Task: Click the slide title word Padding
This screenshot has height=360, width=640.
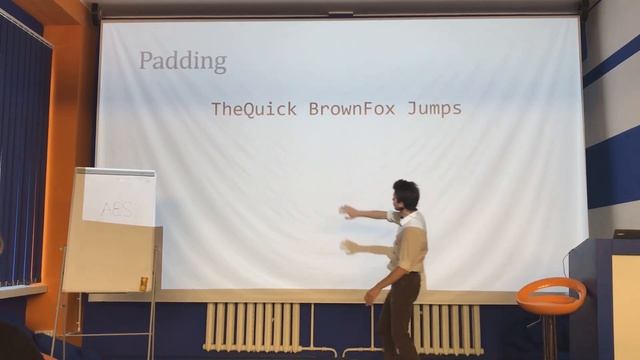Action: pyautogui.click(x=182, y=61)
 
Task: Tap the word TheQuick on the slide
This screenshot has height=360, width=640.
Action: pyautogui.click(x=254, y=109)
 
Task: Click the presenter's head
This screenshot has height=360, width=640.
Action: pyautogui.click(x=406, y=193)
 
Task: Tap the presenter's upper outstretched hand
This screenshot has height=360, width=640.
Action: pyautogui.click(x=347, y=211)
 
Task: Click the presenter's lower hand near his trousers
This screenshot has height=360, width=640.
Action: pyautogui.click(x=371, y=295)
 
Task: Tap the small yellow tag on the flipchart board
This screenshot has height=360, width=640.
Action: pyautogui.click(x=144, y=284)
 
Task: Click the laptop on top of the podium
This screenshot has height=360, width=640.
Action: pyautogui.click(x=627, y=233)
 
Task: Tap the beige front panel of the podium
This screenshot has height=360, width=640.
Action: pyautogui.click(x=627, y=300)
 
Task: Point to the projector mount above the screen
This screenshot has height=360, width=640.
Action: pyautogui.click(x=341, y=13)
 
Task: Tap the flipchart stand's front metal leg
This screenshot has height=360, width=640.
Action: pyautogui.click(x=151, y=320)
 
